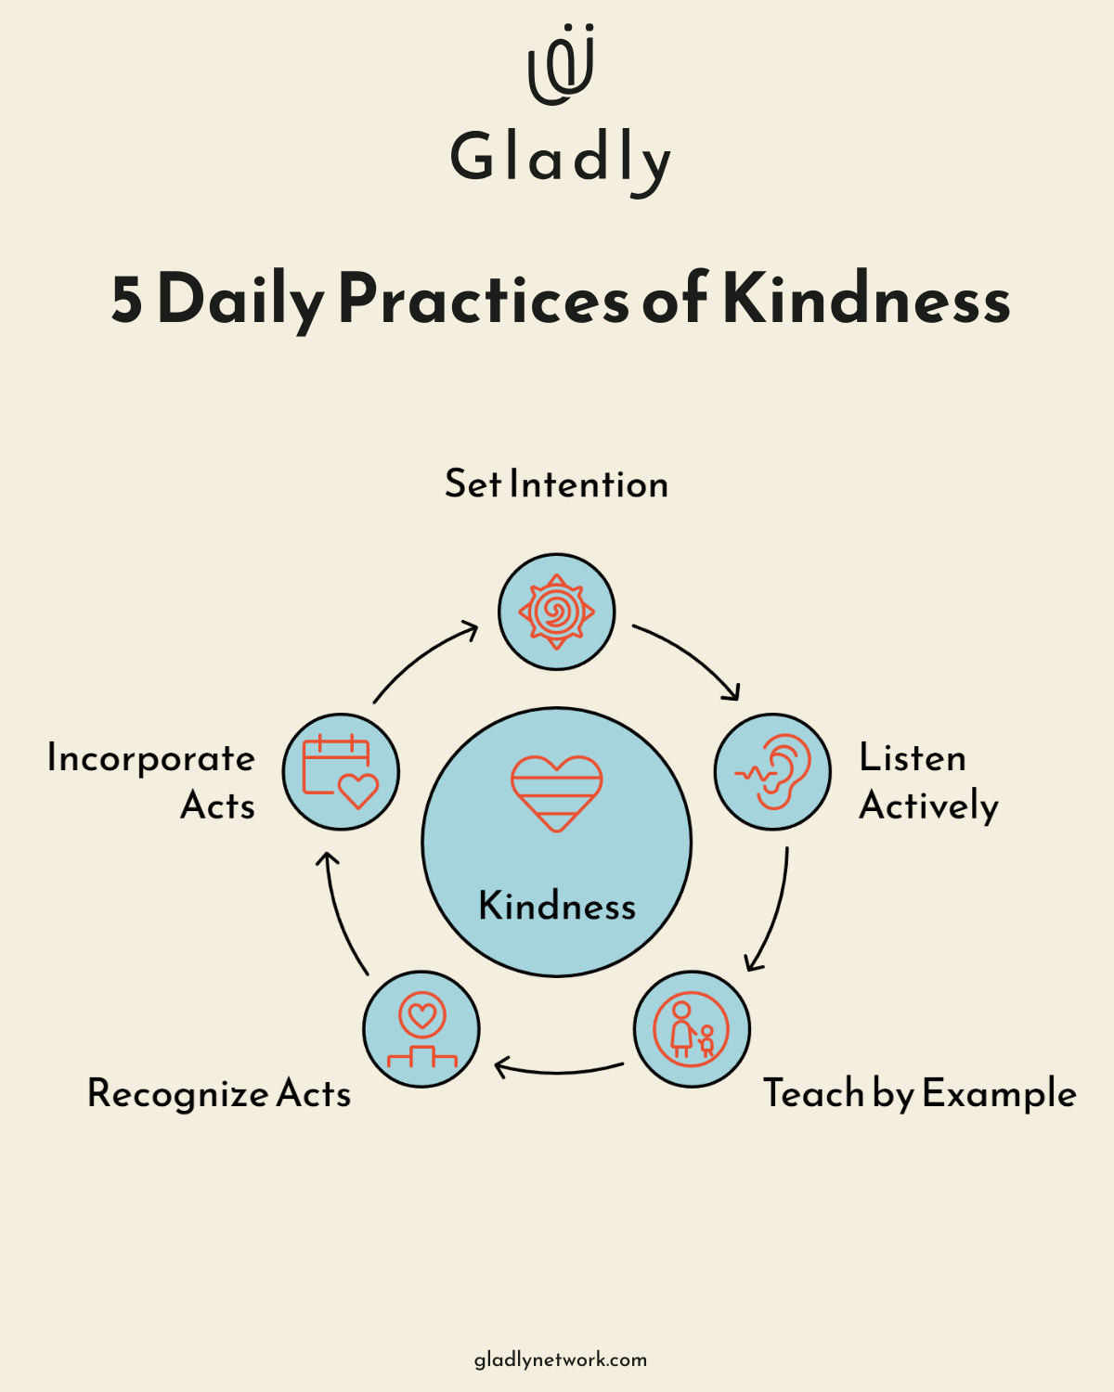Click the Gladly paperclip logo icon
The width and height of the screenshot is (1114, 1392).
tap(561, 65)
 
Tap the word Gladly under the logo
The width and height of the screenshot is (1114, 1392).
tap(560, 160)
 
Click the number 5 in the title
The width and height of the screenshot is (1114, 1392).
tap(127, 300)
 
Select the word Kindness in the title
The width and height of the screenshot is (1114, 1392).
tap(866, 300)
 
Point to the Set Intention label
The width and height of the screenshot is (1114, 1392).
tap(556, 484)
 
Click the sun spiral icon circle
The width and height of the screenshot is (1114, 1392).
tap(556, 612)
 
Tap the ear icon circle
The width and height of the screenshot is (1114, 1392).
tap(772, 771)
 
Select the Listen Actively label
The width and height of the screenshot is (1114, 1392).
tap(927, 781)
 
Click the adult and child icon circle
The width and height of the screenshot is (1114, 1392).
tap(692, 1029)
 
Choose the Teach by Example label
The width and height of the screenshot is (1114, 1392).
tap(919, 1094)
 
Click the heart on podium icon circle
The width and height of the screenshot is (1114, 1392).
tap(421, 1029)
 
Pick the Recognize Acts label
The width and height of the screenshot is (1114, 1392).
tap(219, 1094)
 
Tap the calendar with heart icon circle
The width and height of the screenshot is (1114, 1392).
tap(341, 771)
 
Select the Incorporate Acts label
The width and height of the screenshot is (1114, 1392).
tap(151, 781)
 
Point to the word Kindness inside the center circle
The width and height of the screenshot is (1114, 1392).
tap(557, 906)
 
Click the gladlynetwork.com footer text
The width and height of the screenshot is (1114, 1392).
tap(561, 1360)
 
